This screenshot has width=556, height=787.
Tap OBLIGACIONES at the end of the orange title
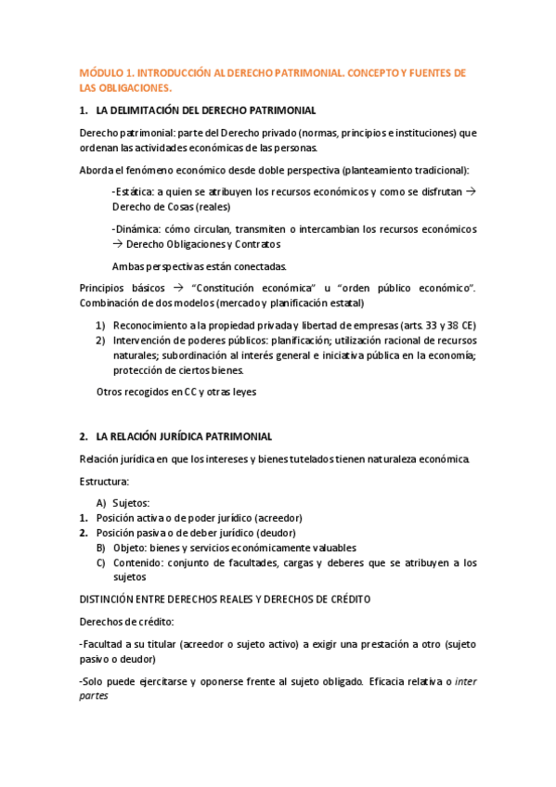(134, 88)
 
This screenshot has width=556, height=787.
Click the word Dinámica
(136, 229)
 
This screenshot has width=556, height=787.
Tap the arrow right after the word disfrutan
(470, 191)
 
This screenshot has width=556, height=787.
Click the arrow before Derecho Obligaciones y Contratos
(117, 244)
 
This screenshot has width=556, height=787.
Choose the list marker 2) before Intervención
(100, 341)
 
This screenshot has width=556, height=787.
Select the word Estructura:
(105, 482)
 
